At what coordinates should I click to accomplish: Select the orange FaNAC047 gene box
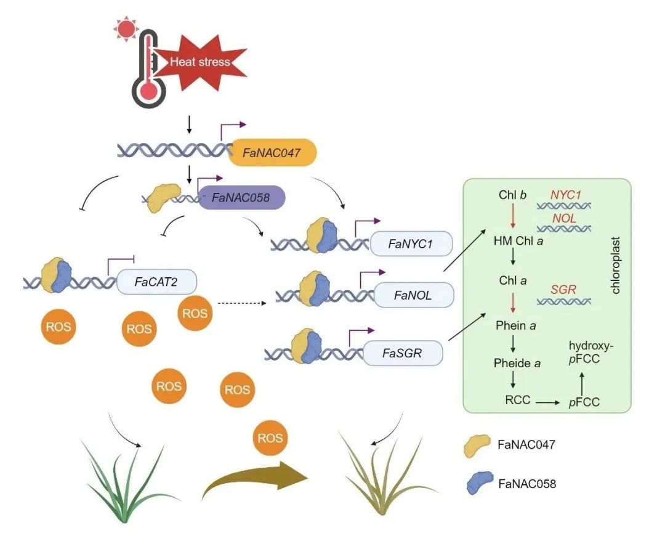[x=272, y=153]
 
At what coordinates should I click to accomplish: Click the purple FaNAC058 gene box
[x=241, y=198]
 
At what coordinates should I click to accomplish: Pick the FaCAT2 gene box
[x=156, y=283]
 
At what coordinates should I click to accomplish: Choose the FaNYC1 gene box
[x=411, y=245]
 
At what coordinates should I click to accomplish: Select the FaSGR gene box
[x=403, y=353]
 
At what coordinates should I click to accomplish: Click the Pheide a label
[x=517, y=363]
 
